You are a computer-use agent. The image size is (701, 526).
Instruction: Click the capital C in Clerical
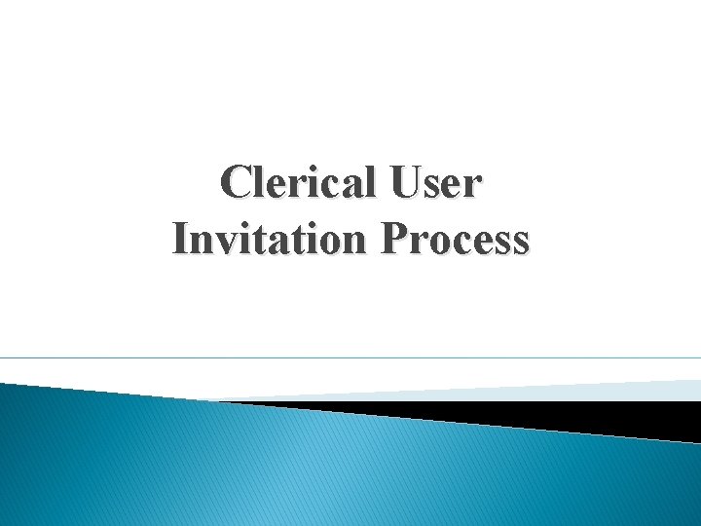[x=237, y=182]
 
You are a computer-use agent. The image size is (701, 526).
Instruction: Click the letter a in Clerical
[x=349, y=185]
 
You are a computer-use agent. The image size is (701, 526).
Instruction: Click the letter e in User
[x=455, y=185]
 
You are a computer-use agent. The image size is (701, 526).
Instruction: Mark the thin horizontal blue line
[x=350, y=357]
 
